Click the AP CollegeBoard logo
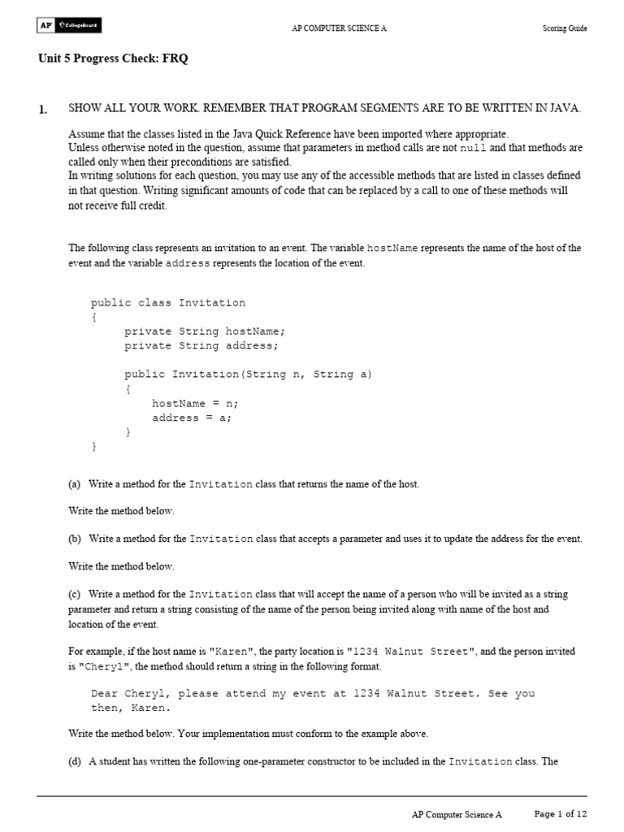[x=69, y=27]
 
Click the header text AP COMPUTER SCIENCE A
[x=339, y=28]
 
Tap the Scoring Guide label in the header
[x=565, y=28]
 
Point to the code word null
[x=473, y=149]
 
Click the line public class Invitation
[x=168, y=303]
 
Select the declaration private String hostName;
[x=205, y=331]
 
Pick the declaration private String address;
[x=201, y=346]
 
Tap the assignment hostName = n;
[x=195, y=403]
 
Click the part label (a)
[x=75, y=484]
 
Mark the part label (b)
[x=75, y=539]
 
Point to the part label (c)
[x=75, y=594]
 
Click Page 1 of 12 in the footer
[x=560, y=813]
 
